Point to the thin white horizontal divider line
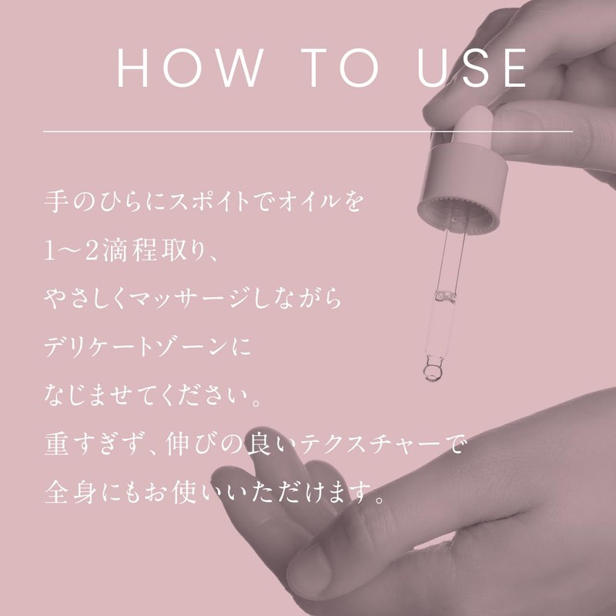tap(308, 132)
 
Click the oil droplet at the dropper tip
tap(431, 374)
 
